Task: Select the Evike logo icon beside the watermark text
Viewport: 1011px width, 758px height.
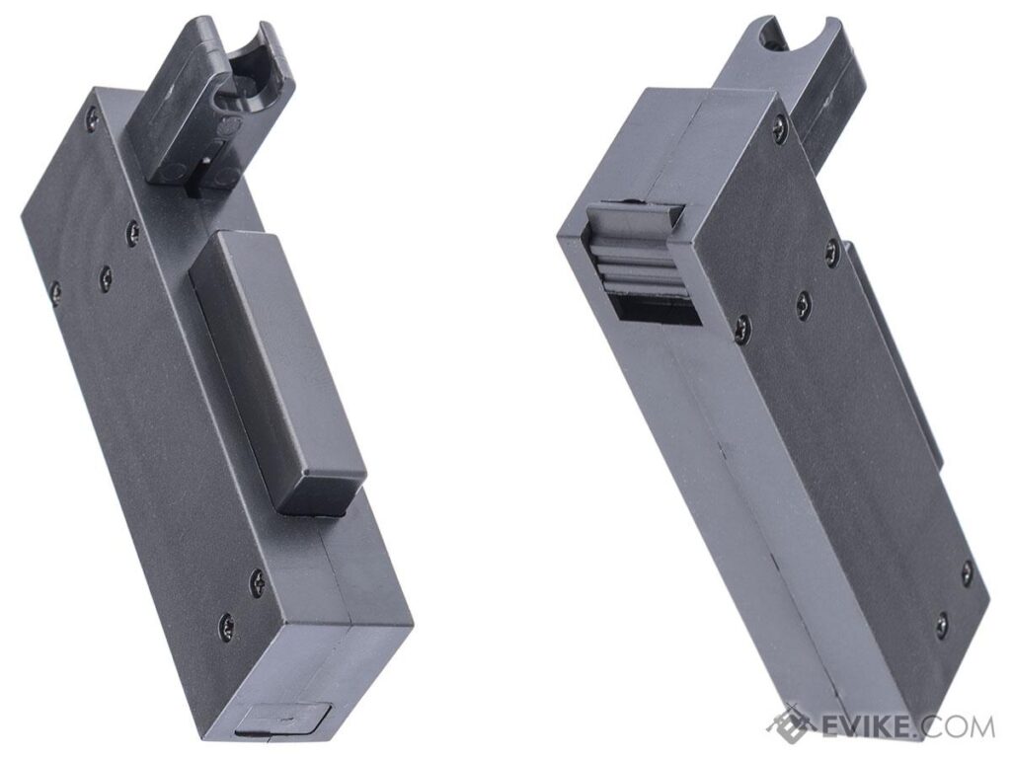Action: pos(792,723)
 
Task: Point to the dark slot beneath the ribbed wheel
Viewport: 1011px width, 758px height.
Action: pos(656,307)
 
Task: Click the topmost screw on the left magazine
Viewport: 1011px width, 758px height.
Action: pos(91,117)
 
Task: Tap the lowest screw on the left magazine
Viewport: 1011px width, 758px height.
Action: pos(226,623)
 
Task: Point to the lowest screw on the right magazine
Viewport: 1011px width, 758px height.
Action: pos(941,623)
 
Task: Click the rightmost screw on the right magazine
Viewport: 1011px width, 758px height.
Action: pos(967,569)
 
